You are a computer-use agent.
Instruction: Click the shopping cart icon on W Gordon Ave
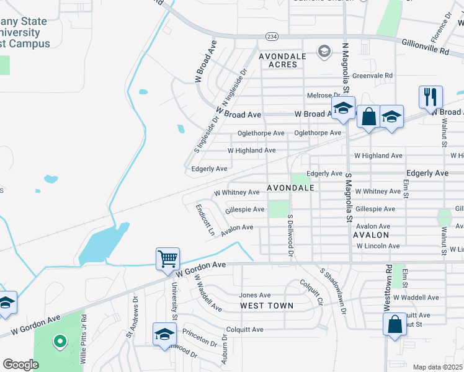click(168, 259)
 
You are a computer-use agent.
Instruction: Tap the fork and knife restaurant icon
click(431, 97)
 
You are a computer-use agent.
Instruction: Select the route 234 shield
click(272, 36)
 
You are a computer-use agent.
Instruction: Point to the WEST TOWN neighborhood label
click(267, 306)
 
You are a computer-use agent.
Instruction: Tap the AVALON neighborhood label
click(371, 236)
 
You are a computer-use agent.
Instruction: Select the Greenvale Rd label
click(373, 76)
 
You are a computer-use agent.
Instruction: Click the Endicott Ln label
click(205, 220)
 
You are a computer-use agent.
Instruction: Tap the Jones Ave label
click(255, 295)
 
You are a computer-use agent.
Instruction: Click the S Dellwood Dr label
click(290, 236)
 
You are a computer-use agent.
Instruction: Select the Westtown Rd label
click(389, 286)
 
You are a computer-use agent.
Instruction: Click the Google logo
click(21, 365)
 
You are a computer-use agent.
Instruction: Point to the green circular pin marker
click(60, 340)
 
